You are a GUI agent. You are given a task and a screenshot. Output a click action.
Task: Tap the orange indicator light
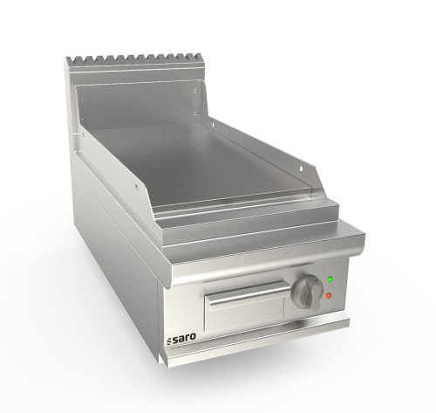[328, 296]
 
